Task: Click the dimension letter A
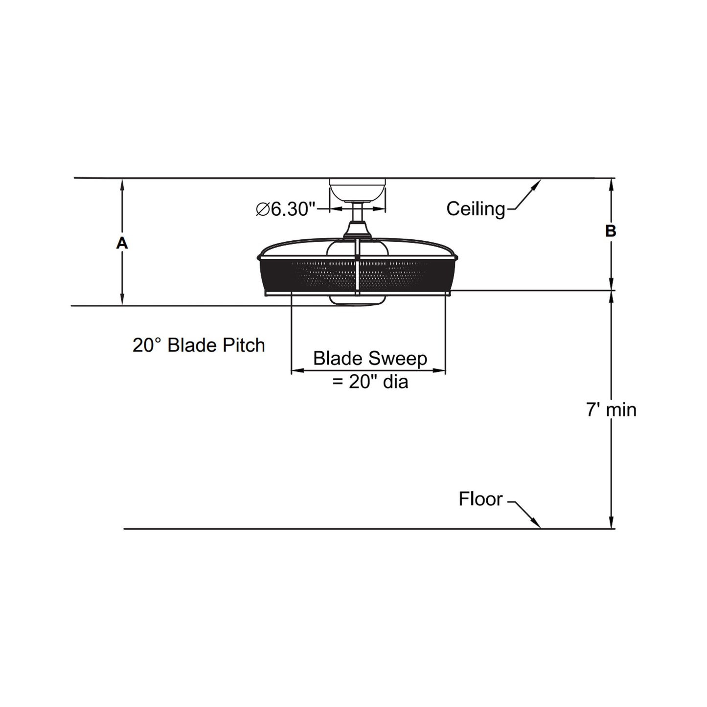click(x=122, y=243)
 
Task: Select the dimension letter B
click(x=610, y=231)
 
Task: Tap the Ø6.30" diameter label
click(x=284, y=209)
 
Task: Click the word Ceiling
click(x=476, y=209)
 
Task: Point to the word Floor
click(x=480, y=499)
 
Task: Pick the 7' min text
click(x=611, y=410)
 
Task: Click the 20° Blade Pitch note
click(x=199, y=345)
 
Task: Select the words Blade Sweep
click(x=370, y=358)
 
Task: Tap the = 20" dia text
click(x=370, y=381)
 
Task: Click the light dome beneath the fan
click(x=357, y=300)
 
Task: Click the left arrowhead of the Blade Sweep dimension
click(x=296, y=371)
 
